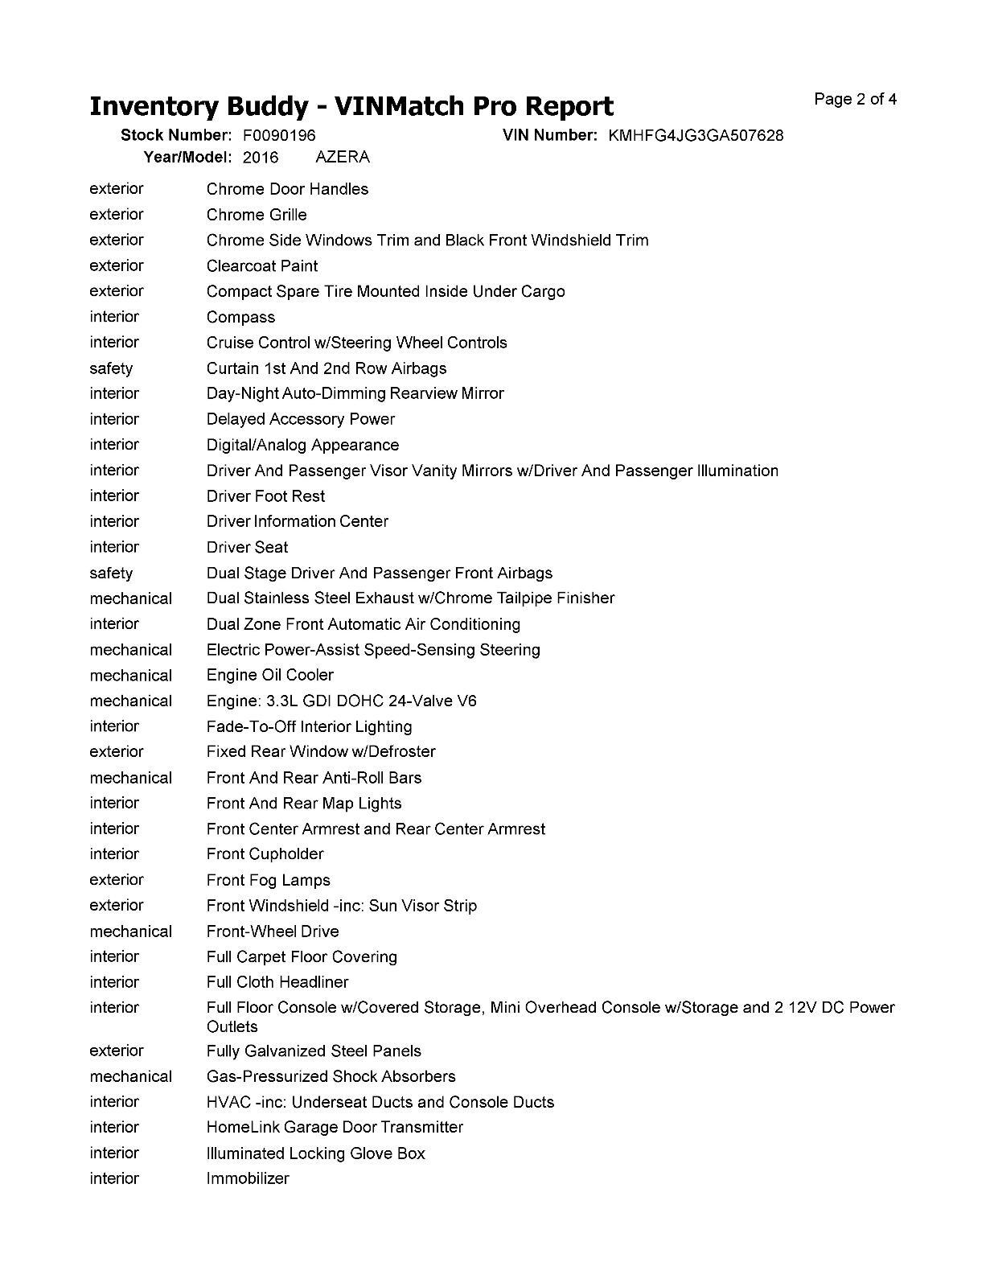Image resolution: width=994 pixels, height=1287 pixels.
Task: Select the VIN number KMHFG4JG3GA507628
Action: [x=696, y=135]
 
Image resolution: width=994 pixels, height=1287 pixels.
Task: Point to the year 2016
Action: [x=261, y=157]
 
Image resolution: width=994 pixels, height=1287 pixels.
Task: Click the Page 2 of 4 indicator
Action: [x=856, y=100]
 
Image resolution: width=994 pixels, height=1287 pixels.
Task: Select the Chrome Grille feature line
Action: [x=257, y=215]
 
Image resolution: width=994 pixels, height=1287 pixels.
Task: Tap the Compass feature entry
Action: [x=240, y=317]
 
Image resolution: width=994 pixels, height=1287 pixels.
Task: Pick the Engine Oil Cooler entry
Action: [x=270, y=675]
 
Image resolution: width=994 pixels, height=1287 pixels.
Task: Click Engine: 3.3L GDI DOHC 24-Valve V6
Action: [x=342, y=701]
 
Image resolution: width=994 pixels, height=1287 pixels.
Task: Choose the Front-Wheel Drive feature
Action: [x=273, y=931]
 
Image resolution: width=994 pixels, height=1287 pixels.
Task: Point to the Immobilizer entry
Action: [x=248, y=1178]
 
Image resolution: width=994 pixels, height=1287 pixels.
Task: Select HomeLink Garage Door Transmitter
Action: [x=335, y=1127]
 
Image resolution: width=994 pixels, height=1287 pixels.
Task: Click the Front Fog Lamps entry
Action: [x=269, y=880]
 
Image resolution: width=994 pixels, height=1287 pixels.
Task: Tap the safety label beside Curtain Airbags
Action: [x=111, y=368]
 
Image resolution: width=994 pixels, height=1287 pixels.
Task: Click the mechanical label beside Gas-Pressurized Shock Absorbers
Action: [x=131, y=1076]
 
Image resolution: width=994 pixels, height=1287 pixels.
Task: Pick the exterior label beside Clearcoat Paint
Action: [x=117, y=265]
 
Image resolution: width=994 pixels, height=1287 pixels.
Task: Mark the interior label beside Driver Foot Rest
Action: [x=114, y=495]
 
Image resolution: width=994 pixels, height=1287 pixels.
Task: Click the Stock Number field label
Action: [x=176, y=135]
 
